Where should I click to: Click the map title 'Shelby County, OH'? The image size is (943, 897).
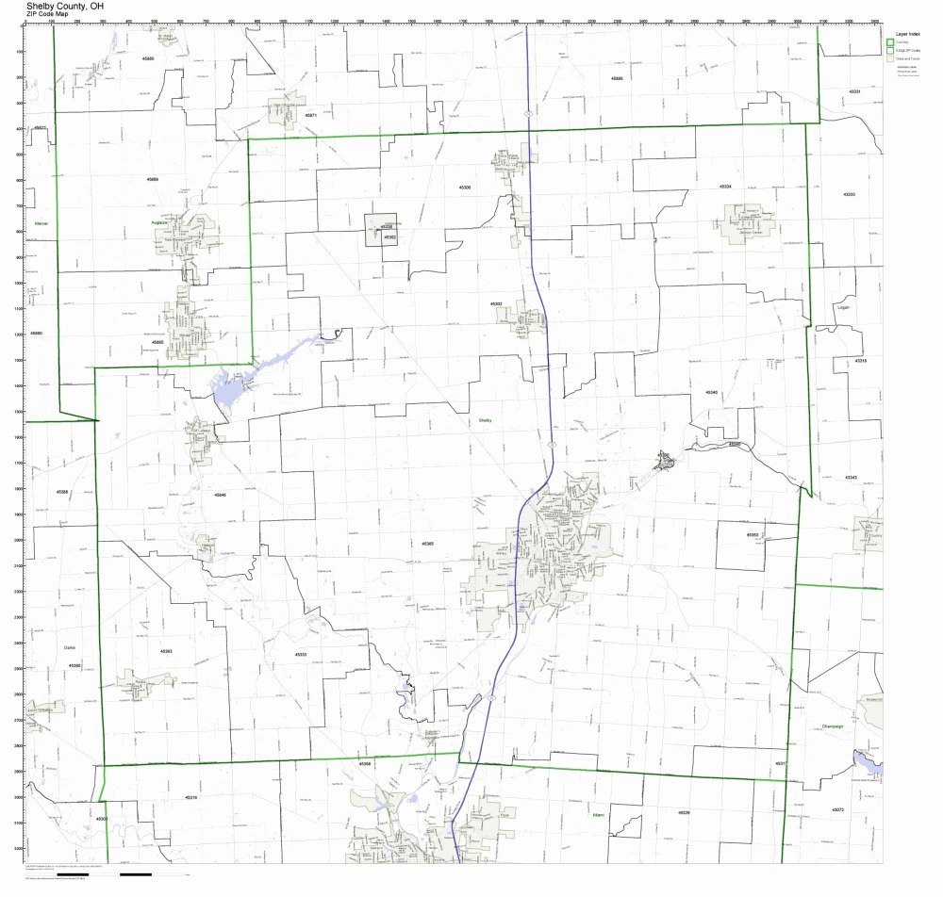pos(72,5)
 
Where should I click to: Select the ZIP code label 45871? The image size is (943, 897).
pos(310,115)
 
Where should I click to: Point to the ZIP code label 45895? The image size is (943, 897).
pos(617,78)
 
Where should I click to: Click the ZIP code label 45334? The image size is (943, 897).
pos(725,187)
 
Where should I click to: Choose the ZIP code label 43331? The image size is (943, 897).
pos(854,91)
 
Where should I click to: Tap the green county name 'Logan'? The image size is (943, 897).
pos(842,307)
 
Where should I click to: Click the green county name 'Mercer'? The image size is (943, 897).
pos(41,223)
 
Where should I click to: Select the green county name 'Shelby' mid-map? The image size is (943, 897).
pos(485,420)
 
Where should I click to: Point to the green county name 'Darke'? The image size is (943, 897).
pos(68,647)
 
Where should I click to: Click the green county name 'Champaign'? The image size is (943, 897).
pos(831,726)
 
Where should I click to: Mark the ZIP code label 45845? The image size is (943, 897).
pos(220,494)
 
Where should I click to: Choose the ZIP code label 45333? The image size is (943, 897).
pos(301,653)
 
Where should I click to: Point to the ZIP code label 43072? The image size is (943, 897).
pos(837,809)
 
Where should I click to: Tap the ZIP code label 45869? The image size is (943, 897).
pos(153,178)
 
